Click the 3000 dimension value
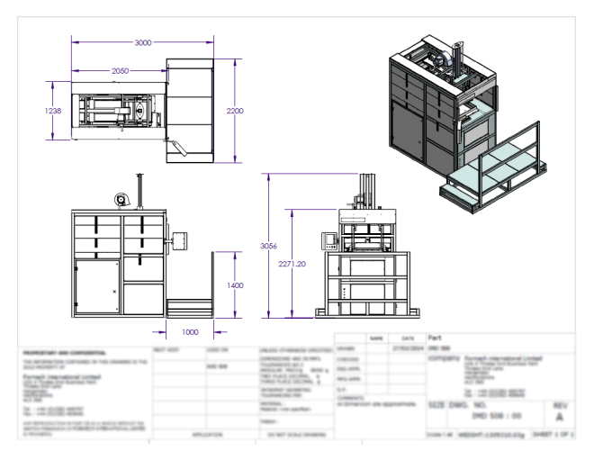136,43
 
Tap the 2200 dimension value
234,109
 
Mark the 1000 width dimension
189,331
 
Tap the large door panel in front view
97,285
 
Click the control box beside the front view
178,239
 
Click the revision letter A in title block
560,419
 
